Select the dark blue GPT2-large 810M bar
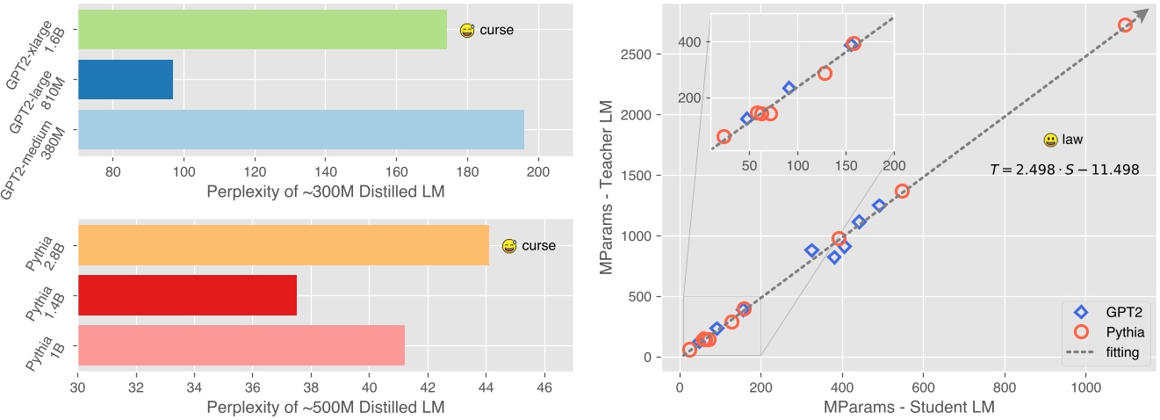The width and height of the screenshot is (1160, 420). pyautogui.click(x=126, y=79)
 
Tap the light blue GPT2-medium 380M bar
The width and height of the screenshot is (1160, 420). pyautogui.click(x=300, y=129)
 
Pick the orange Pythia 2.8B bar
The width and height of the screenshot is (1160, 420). pyautogui.click(x=283, y=245)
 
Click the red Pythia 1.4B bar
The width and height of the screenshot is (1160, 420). pyautogui.click(x=187, y=295)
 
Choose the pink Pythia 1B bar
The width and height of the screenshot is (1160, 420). pyautogui.click(x=241, y=344)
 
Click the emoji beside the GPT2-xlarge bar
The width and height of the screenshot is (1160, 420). pyautogui.click(x=467, y=31)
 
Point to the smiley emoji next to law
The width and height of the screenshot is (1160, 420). pyautogui.click(x=1050, y=140)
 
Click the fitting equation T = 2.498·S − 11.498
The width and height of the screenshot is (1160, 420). pyautogui.click(x=1063, y=170)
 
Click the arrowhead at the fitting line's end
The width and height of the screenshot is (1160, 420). pyautogui.click(x=1140, y=17)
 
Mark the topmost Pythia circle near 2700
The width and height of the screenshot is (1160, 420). pyautogui.click(x=1125, y=25)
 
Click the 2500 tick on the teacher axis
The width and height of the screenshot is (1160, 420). pyautogui.click(x=648, y=54)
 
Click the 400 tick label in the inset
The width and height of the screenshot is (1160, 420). pyautogui.click(x=690, y=42)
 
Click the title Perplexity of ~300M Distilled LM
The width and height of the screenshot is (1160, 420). pyautogui.click(x=325, y=192)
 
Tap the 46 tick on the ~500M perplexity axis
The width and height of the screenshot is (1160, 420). pyautogui.click(x=543, y=386)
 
